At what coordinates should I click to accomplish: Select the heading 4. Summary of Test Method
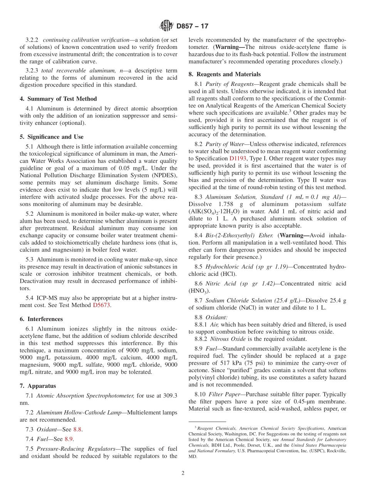(x=58, y=99)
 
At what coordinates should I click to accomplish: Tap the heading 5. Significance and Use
(x=51, y=137)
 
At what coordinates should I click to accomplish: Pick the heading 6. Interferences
(x=41, y=319)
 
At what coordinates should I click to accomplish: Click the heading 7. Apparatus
(x=38, y=386)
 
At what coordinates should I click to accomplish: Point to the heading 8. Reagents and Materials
(x=225, y=74)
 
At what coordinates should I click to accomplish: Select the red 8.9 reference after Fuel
(x=69, y=439)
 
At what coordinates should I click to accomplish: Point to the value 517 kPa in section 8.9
(x=215, y=363)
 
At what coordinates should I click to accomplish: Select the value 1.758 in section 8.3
(x=224, y=204)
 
